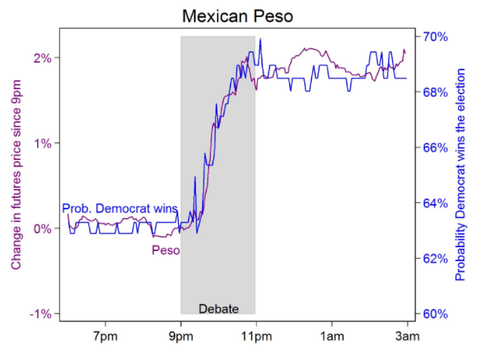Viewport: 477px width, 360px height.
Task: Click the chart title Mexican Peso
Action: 238,15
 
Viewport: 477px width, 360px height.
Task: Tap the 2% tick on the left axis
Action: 43,58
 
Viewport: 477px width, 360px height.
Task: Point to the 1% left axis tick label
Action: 43,144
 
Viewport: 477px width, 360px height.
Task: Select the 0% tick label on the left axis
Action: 43,229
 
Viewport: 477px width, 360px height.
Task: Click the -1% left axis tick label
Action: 41,314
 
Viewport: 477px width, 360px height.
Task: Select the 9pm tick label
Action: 181,336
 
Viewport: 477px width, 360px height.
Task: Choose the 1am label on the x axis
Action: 331,336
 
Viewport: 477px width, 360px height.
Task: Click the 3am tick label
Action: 407,336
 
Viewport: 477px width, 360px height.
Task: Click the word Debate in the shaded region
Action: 218,309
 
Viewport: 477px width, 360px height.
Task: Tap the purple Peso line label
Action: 166,250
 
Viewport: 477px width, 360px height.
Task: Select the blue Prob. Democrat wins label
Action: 120,209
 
